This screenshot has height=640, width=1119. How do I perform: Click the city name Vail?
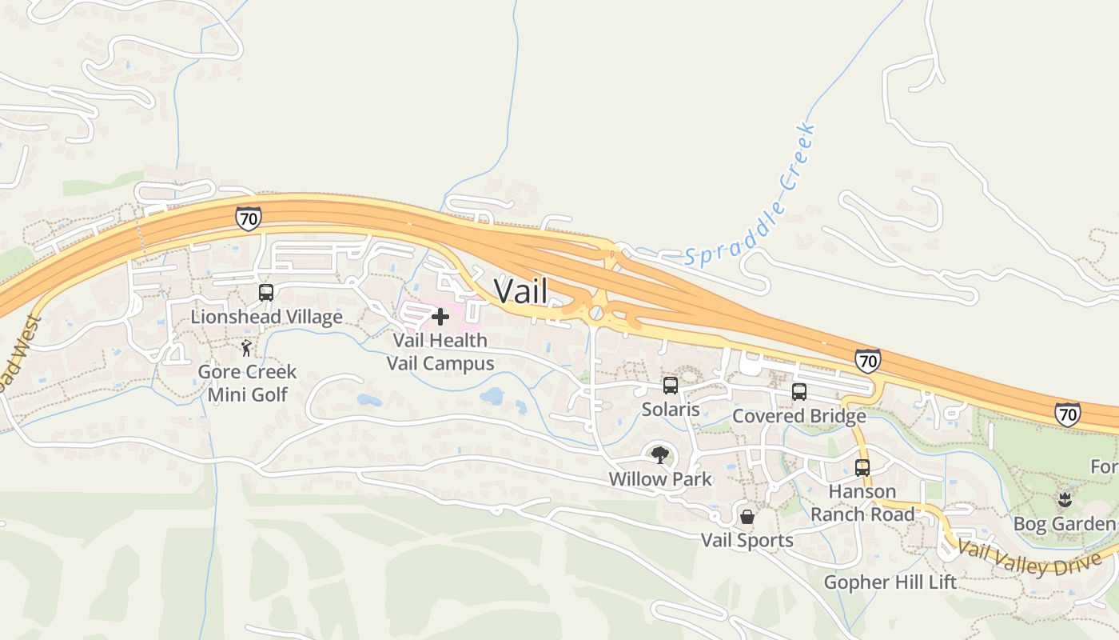coord(521,290)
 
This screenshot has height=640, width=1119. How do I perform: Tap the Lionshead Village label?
coord(266,317)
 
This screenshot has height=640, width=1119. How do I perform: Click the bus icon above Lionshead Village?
coord(266,293)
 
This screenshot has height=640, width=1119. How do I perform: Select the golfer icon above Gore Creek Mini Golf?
coord(247,349)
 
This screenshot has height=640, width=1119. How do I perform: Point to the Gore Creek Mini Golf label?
coord(247,382)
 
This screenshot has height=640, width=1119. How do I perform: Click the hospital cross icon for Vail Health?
coord(440,317)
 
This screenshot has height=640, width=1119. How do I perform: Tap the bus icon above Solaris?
coord(671,386)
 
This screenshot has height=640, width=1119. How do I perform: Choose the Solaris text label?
coord(671,410)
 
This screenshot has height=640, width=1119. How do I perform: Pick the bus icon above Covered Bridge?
coord(798,392)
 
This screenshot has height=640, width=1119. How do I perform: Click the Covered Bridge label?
coord(798,416)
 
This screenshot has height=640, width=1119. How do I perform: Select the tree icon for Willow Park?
coord(659,456)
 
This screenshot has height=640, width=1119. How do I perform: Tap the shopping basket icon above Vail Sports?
coord(747,517)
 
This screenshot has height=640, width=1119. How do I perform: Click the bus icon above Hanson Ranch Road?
coord(862,468)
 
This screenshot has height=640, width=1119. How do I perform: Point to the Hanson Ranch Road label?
coord(862,502)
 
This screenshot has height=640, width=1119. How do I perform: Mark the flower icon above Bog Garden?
coord(1064,501)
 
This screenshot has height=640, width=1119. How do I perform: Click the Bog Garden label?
coord(1064,524)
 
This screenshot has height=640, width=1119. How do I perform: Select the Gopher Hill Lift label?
coord(890,582)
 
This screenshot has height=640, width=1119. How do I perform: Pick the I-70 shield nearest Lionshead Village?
coord(248,218)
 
